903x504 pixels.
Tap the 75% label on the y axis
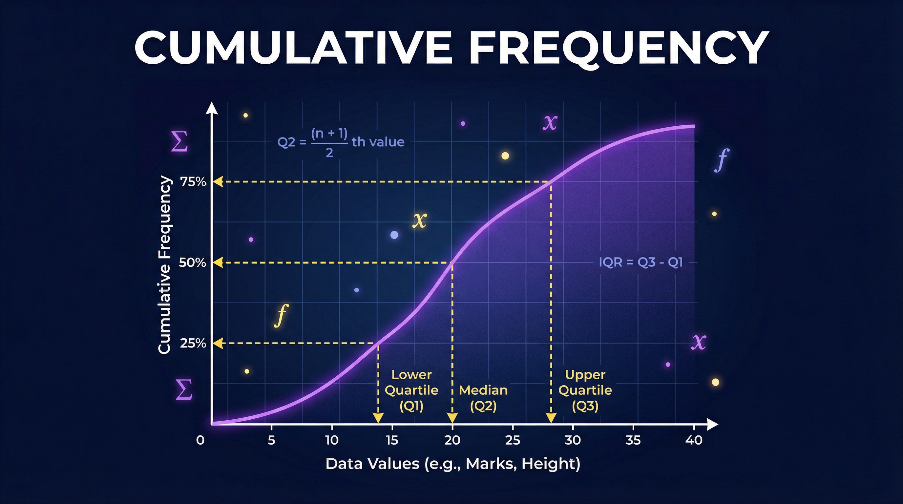click(x=193, y=182)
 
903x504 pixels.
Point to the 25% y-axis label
click(x=193, y=343)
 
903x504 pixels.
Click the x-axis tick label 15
click(x=392, y=440)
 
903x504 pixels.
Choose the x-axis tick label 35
click(x=633, y=440)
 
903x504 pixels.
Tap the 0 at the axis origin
click(x=200, y=440)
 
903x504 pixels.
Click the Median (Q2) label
click(x=483, y=398)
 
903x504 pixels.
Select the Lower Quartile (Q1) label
click(x=411, y=390)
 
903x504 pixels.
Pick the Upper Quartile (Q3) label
click(x=585, y=390)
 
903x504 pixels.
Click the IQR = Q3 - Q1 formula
click(x=641, y=262)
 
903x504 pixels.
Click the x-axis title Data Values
click(x=453, y=464)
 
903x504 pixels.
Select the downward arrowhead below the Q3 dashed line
click(x=551, y=418)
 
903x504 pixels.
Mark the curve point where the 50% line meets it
click(x=452, y=262)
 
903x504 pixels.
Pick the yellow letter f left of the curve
click(x=281, y=315)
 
